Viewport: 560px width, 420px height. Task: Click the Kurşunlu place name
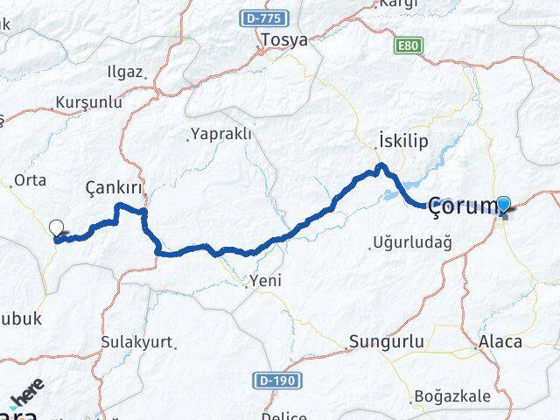(x=87, y=102)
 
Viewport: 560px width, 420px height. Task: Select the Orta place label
(x=31, y=180)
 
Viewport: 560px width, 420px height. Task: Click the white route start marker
(x=58, y=228)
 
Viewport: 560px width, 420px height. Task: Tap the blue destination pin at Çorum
(x=505, y=204)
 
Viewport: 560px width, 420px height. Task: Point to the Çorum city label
(x=461, y=206)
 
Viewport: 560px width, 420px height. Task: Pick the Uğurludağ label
(x=411, y=241)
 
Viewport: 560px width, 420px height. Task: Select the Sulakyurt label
(x=136, y=341)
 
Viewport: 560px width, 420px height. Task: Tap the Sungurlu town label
(x=386, y=341)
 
